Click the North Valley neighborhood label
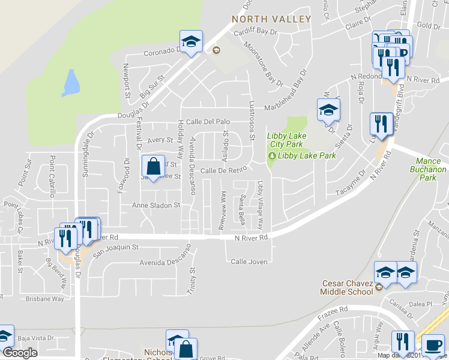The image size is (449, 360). click(272, 19)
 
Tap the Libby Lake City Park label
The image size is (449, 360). click(285, 140)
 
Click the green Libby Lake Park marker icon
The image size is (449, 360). click(272, 156)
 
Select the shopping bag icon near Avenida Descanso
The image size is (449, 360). click(154, 166)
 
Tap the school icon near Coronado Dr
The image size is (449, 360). click(191, 41)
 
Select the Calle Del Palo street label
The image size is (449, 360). click(208, 121)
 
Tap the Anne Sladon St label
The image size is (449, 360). click(156, 205)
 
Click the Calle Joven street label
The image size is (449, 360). click(248, 262)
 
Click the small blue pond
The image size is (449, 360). click(70, 83)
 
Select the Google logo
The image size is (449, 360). click(19, 353)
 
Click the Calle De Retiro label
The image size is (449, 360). click(224, 170)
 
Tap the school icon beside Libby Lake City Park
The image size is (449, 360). click(328, 110)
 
